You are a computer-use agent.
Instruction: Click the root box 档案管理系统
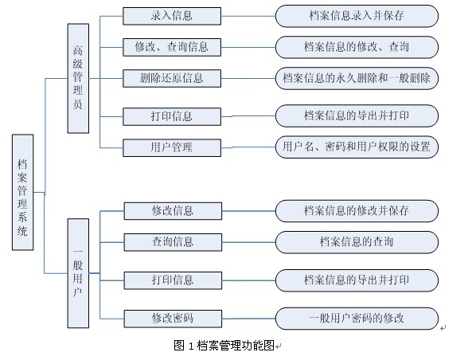point(22,192)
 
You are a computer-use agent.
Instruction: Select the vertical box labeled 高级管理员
point(78,78)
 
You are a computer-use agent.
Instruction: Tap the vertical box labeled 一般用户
point(78,273)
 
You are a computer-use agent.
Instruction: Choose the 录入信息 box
point(172,16)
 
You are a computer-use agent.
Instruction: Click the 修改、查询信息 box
point(172,47)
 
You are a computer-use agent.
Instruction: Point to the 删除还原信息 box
point(172,78)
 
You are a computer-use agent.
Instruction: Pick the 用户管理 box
point(172,147)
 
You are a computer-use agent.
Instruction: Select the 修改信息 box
point(173,211)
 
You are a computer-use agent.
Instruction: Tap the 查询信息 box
point(173,242)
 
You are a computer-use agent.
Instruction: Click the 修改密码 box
point(173,319)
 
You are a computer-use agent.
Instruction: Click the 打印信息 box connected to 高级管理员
point(172,116)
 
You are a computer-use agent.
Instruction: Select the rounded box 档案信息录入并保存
point(357,16)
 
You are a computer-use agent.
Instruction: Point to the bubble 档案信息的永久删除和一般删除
point(357,78)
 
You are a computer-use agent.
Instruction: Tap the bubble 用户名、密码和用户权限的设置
point(357,147)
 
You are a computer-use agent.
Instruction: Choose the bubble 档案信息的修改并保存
point(357,211)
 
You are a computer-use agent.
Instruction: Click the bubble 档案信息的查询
point(357,242)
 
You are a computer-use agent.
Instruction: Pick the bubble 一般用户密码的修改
point(357,319)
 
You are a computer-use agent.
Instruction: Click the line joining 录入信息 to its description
point(248,16)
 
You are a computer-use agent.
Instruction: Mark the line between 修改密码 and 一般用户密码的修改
point(248,319)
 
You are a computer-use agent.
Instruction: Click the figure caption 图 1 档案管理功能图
point(224,346)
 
